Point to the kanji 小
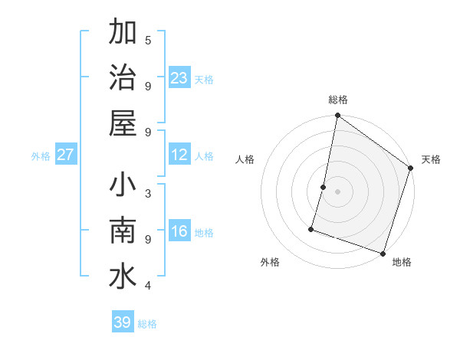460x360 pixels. click(123, 185)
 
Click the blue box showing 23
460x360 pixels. click(179, 77)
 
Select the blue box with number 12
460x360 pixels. click(179, 155)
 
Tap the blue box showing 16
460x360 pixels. click(179, 231)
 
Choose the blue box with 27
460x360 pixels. click(65, 155)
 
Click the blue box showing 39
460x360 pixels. click(122, 322)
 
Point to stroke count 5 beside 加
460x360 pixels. click(148, 40)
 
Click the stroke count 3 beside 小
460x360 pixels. click(148, 192)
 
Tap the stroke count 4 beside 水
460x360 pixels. click(148, 286)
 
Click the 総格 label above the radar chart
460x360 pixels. click(338, 100)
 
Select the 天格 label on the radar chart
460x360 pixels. click(431, 159)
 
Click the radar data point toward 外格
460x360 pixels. click(311, 228)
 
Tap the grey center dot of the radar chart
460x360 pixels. click(337, 191)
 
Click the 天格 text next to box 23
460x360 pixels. click(204, 80)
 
